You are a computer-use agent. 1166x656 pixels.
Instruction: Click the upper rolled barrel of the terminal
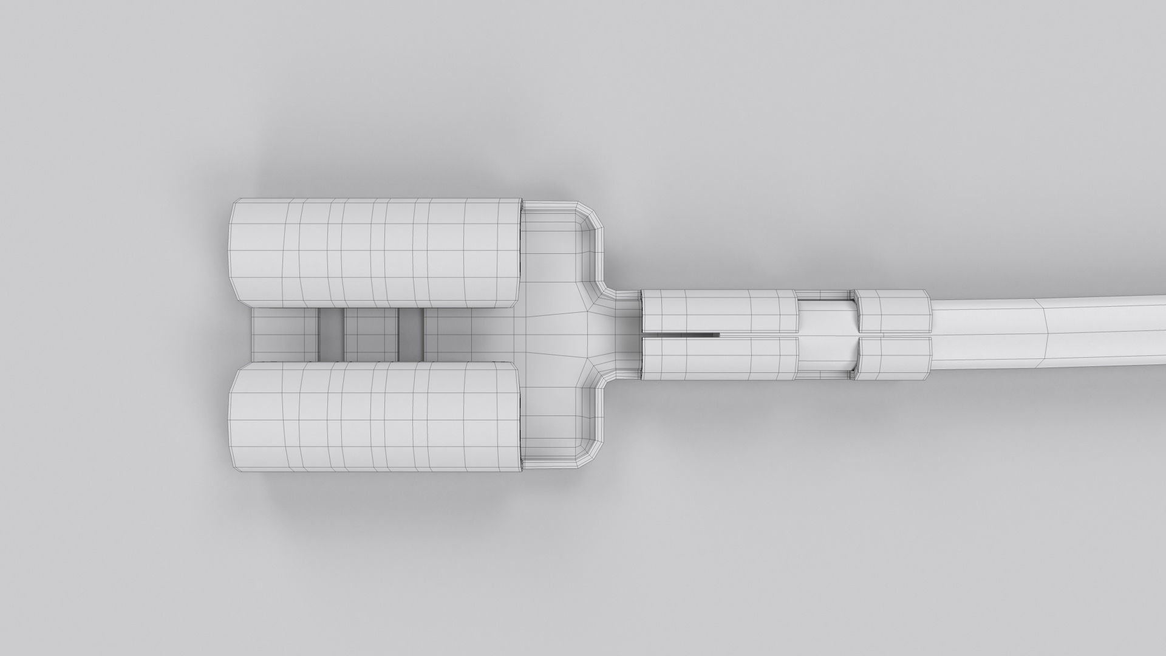click(377, 252)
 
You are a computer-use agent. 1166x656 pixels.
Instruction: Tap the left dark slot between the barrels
click(330, 335)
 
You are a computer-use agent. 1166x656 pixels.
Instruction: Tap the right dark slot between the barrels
click(411, 335)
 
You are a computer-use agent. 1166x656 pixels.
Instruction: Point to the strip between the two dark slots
click(370, 335)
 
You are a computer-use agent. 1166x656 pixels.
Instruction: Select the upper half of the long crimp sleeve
click(720, 310)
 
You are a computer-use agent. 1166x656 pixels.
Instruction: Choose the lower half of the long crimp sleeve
click(720, 359)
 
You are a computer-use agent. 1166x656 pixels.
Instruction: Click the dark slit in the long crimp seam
click(698, 334)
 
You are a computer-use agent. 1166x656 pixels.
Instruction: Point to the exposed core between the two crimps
click(827, 335)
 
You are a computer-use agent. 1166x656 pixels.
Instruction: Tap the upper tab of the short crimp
click(893, 310)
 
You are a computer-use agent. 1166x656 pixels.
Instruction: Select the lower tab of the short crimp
click(893, 359)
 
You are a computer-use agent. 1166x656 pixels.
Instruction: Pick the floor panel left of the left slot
click(284, 335)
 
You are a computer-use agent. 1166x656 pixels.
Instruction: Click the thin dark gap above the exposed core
click(827, 296)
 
